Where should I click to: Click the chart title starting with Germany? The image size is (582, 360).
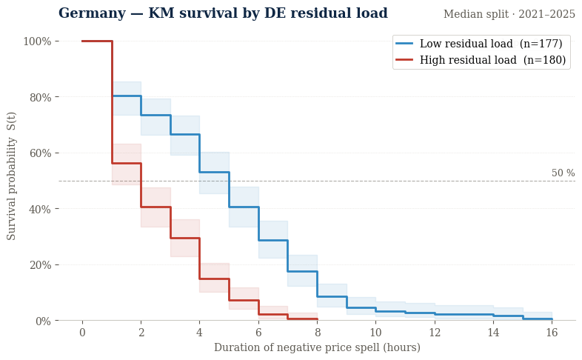(x=223, y=13)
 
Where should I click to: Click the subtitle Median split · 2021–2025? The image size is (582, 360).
(x=509, y=14)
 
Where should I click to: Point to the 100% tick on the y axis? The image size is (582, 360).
(x=37, y=41)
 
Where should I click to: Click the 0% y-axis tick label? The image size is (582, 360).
(x=42, y=321)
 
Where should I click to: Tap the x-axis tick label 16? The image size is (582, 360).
(x=552, y=333)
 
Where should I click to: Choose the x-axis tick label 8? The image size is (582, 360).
(x=317, y=333)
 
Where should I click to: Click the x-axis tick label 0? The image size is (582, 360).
(x=82, y=333)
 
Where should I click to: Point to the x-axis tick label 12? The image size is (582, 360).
(x=435, y=333)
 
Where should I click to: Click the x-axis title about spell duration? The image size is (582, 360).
(x=317, y=347)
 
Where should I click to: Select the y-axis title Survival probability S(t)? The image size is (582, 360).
(x=12, y=176)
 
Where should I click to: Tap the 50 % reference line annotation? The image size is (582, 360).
(x=563, y=173)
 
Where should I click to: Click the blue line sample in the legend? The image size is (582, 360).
(x=405, y=44)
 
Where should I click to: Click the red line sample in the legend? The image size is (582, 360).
(x=405, y=60)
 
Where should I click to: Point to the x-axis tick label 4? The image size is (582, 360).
(x=199, y=333)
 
